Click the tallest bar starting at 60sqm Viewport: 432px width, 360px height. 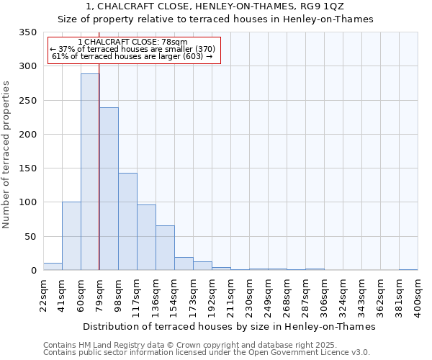click(90, 171)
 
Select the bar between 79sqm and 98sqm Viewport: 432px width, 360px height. click(109, 189)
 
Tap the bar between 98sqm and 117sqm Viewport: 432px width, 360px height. click(127, 222)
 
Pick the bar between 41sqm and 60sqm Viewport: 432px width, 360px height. click(71, 236)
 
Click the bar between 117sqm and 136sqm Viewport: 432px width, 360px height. click(146, 238)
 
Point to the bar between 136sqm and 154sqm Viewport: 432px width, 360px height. click(165, 248)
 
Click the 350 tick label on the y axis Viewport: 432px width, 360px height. click(27, 32)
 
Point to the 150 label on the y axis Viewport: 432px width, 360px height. click(27, 168)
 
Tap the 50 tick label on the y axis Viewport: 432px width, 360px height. click(30, 236)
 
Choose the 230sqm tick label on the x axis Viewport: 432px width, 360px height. click(249, 295)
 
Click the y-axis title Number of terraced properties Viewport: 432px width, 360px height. click(7, 154)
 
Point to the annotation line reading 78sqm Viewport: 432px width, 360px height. click(132, 42)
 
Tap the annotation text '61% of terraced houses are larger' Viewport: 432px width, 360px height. click(132, 56)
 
